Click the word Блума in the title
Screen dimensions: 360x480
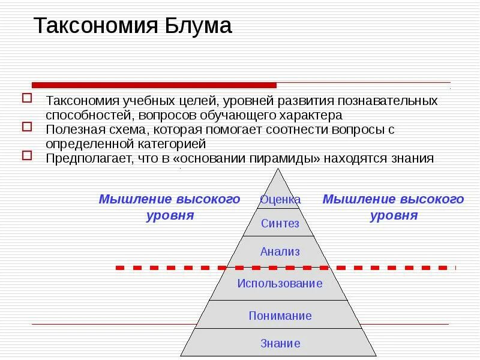[x=195, y=26]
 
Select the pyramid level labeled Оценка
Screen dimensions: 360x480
[x=280, y=199]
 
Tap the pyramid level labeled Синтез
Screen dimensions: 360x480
[x=280, y=224]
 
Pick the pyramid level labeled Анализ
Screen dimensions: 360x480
[x=280, y=252]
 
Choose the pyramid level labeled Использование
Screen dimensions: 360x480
[x=280, y=283]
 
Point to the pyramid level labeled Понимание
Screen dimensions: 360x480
[x=280, y=316]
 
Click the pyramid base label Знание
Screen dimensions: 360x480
[x=280, y=344]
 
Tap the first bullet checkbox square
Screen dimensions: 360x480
[x=26, y=98]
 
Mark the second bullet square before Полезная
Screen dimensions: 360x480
[x=26, y=127]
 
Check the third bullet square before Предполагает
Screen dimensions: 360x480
[x=26, y=156]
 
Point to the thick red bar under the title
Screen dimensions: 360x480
[x=154, y=85]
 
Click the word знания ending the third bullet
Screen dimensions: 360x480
[x=412, y=159]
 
